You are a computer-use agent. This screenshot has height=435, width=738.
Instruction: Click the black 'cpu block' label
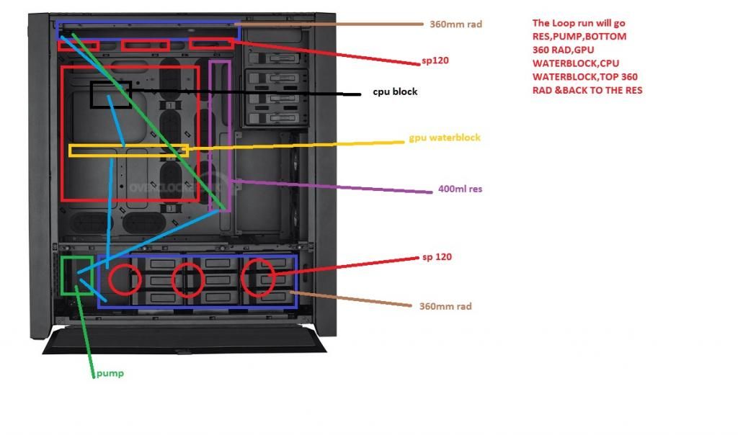click(394, 92)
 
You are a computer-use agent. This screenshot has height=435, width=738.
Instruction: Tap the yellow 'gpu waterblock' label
click(445, 138)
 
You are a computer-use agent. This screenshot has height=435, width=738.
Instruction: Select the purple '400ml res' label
click(460, 189)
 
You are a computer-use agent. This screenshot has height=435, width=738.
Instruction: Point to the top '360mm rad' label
click(455, 24)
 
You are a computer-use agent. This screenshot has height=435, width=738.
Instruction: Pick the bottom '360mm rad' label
click(445, 306)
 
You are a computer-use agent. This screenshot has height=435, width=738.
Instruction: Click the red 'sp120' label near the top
click(435, 60)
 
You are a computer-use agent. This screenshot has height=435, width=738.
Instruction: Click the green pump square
click(77, 275)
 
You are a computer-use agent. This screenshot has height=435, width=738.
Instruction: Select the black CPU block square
click(110, 95)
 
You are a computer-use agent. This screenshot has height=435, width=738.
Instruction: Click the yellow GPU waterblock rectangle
click(128, 151)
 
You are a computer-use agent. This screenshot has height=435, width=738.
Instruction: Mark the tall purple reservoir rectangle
click(220, 136)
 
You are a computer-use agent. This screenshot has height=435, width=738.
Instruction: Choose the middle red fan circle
click(188, 279)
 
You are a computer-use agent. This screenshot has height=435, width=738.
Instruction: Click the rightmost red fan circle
click(257, 278)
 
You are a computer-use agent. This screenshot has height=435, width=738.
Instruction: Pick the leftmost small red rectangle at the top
click(78, 45)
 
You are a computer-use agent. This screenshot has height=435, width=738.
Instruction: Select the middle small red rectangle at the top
click(145, 45)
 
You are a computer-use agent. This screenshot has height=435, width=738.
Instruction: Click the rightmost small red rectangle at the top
click(211, 45)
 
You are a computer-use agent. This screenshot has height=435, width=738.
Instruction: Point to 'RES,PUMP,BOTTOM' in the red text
click(579, 36)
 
